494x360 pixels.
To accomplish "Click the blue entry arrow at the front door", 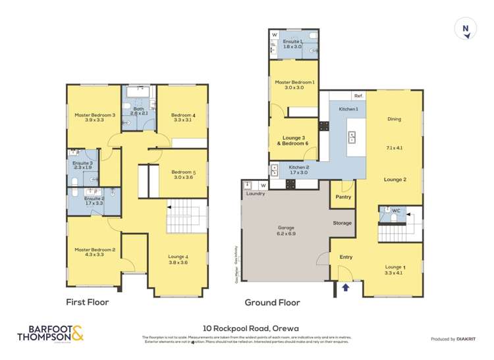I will pyautogui.click(x=346, y=286).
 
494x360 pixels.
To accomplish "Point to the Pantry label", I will pyautogui.click(x=343, y=196).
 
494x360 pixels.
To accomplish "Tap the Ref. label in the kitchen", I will pyautogui.click(x=358, y=95).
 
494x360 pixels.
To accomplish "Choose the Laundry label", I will pyautogui.click(x=255, y=194).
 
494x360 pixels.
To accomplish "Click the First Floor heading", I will pyautogui.click(x=87, y=303).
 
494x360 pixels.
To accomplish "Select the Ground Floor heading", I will pyautogui.click(x=272, y=303).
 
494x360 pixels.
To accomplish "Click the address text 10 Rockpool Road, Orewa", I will pyautogui.click(x=246, y=325).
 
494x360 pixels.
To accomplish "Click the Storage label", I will pyautogui.click(x=342, y=223).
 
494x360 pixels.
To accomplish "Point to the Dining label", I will pyautogui.click(x=394, y=119).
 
